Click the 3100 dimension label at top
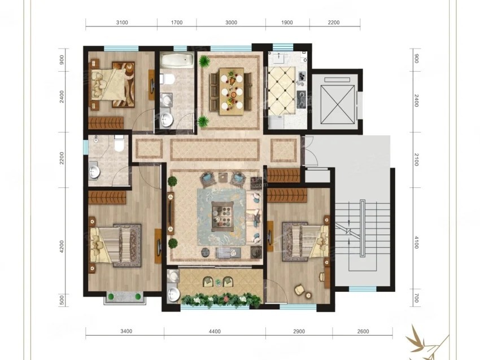122,23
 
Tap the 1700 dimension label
177,23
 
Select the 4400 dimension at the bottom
215,331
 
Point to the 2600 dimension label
363,331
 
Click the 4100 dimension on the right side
416,242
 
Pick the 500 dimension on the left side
62,300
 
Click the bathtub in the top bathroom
177,60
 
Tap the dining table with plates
232,91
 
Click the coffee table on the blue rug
223,217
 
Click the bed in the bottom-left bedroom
115,245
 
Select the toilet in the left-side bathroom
119,144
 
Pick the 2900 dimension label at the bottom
299,331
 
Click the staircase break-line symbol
348,231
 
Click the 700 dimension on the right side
416,298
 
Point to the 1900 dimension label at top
287,23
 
